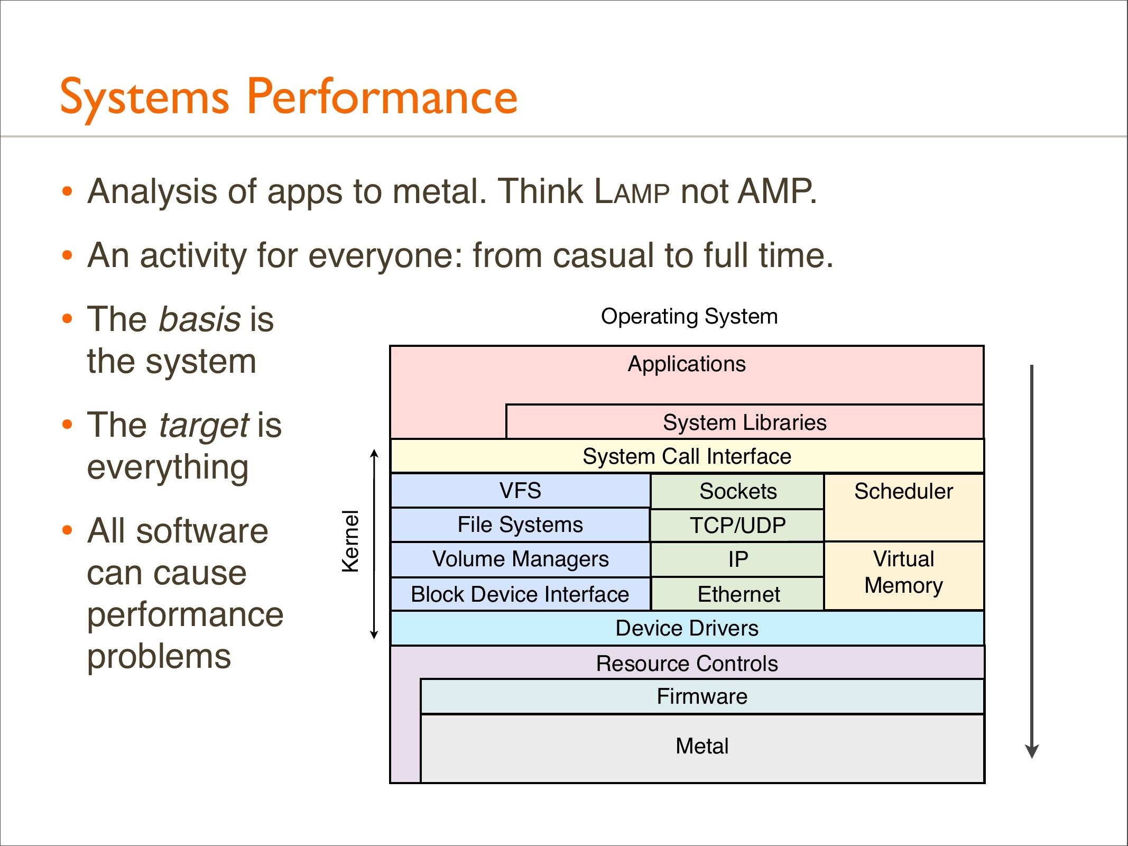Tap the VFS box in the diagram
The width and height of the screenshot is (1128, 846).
[x=520, y=491]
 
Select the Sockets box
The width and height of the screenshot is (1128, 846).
[x=737, y=491]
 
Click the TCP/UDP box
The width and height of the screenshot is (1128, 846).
[x=737, y=526]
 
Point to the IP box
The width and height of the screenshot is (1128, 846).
[x=737, y=559]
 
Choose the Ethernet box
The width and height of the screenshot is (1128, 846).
[x=737, y=594]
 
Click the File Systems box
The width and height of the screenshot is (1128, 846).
[x=520, y=525]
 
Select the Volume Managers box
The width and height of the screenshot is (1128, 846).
[x=520, y=559]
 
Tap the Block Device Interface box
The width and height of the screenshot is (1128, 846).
[x=520, y=594]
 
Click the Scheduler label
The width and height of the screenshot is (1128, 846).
[x=903, y=491]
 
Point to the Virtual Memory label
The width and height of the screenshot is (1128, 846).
[x=903, y=572]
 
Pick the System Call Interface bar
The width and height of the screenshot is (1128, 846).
[x=687, y=456]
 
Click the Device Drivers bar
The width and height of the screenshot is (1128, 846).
[x=687, y=628]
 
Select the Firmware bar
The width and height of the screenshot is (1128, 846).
[x=702, y=696]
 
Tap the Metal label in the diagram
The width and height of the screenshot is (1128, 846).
[x=702, y=746]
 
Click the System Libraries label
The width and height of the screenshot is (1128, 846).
[x=744, y=422]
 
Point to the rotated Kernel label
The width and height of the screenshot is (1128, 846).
[x=350, y=541]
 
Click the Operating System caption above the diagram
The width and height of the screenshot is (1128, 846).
[x=689, y=316]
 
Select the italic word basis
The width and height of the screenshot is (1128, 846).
[x=200, y=319]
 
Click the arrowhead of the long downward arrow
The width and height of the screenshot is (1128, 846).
[x=1032, y=751]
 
